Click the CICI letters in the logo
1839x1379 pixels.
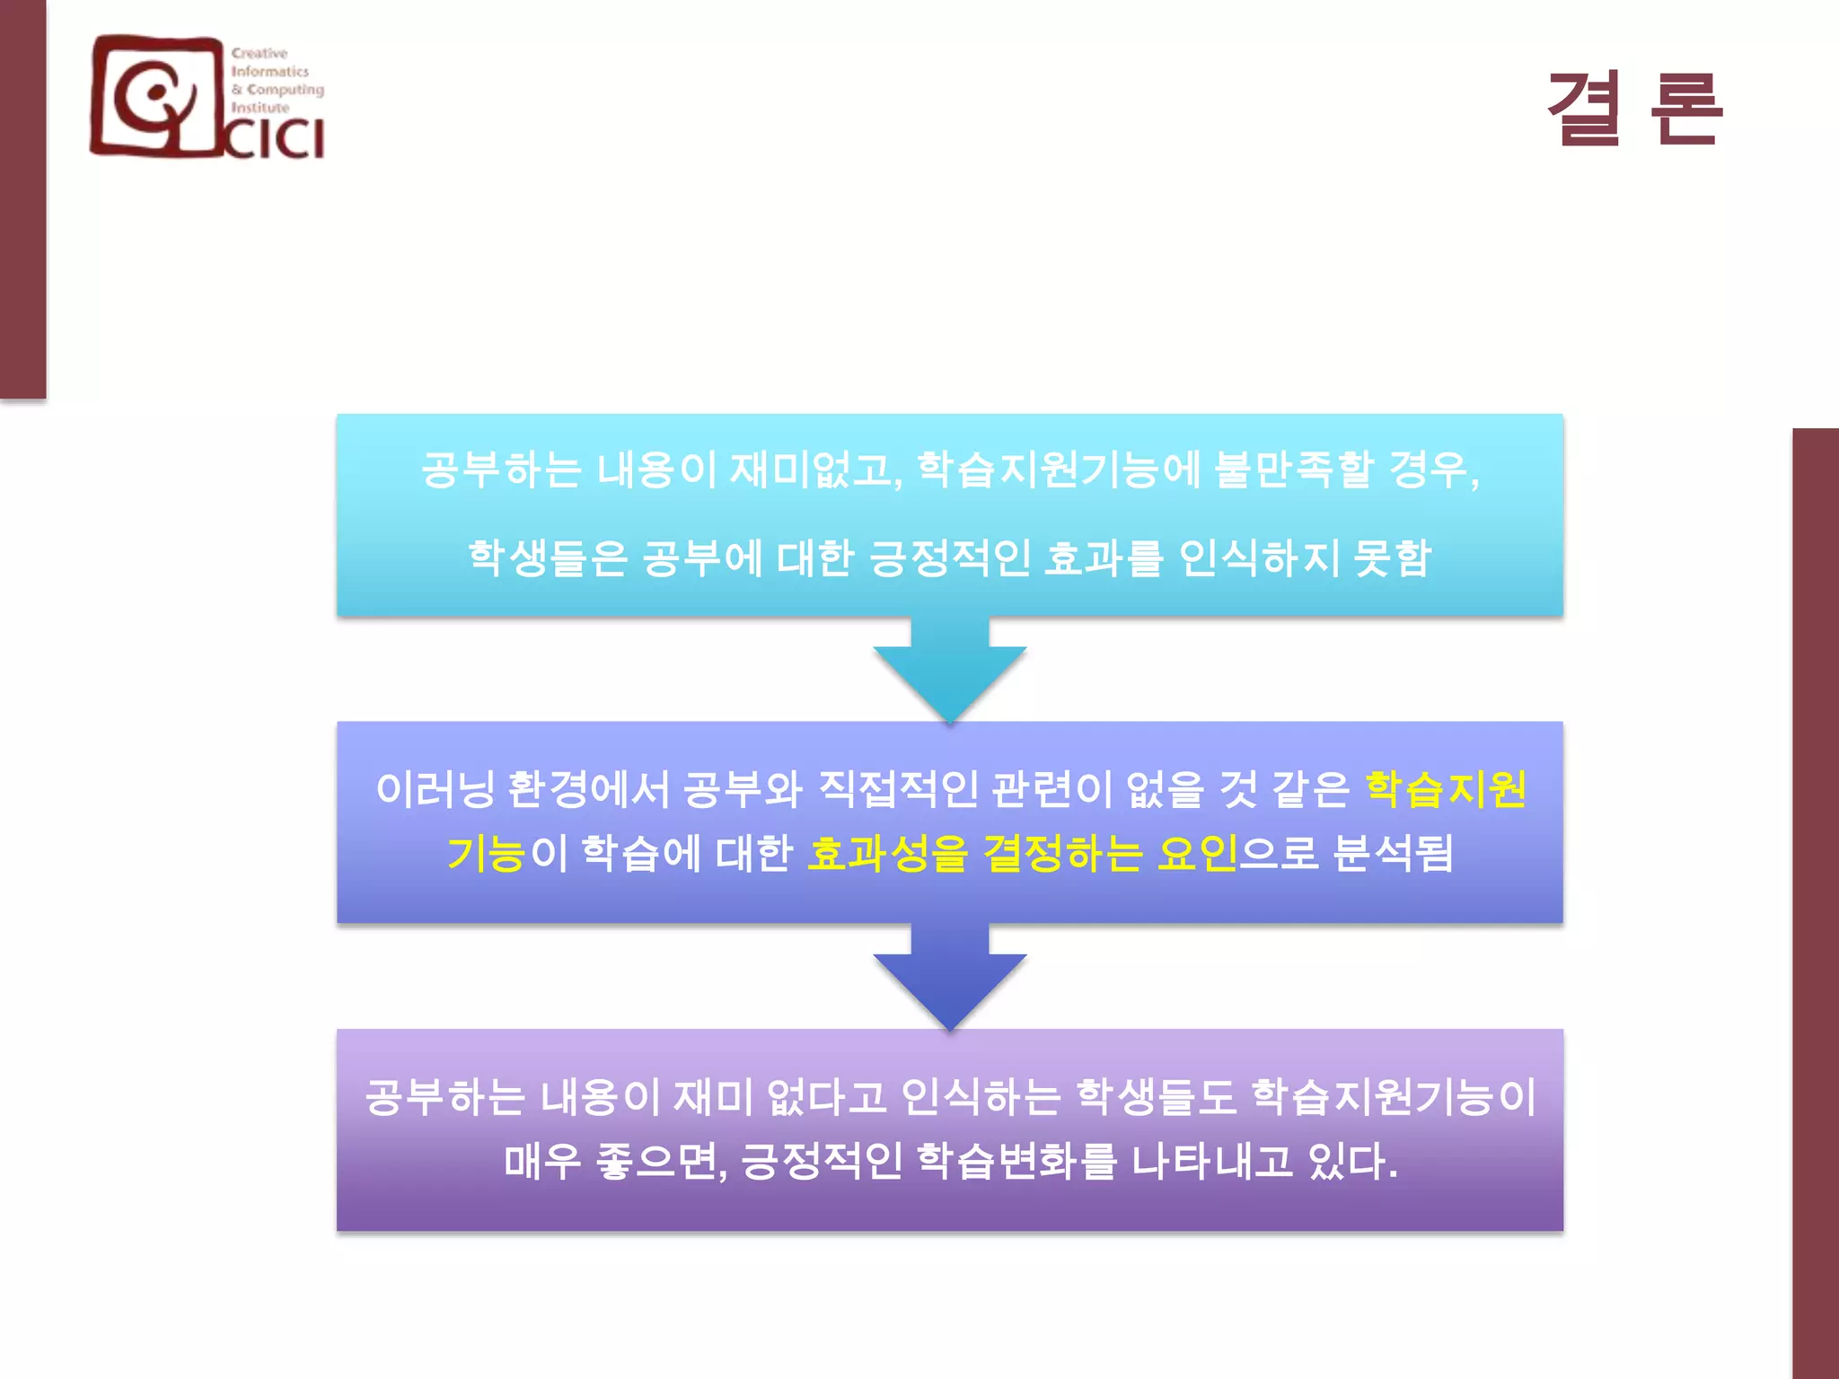coord(274,139)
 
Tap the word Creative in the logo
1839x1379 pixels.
coord(260,53)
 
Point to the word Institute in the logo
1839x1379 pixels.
coord(260,108)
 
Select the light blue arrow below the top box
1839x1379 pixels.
coord(949,669)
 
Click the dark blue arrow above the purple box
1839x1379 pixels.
coord(949,977)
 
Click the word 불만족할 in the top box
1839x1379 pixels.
coord(1293,470)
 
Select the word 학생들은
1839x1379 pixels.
coord(547,558)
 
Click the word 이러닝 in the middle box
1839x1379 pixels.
coord(435,789)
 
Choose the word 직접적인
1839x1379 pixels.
coord(897,789)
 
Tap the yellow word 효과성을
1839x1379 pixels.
coord(887,853)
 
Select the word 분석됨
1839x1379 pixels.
coord(1393,853)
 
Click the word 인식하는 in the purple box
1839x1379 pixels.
coord(981,1097)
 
